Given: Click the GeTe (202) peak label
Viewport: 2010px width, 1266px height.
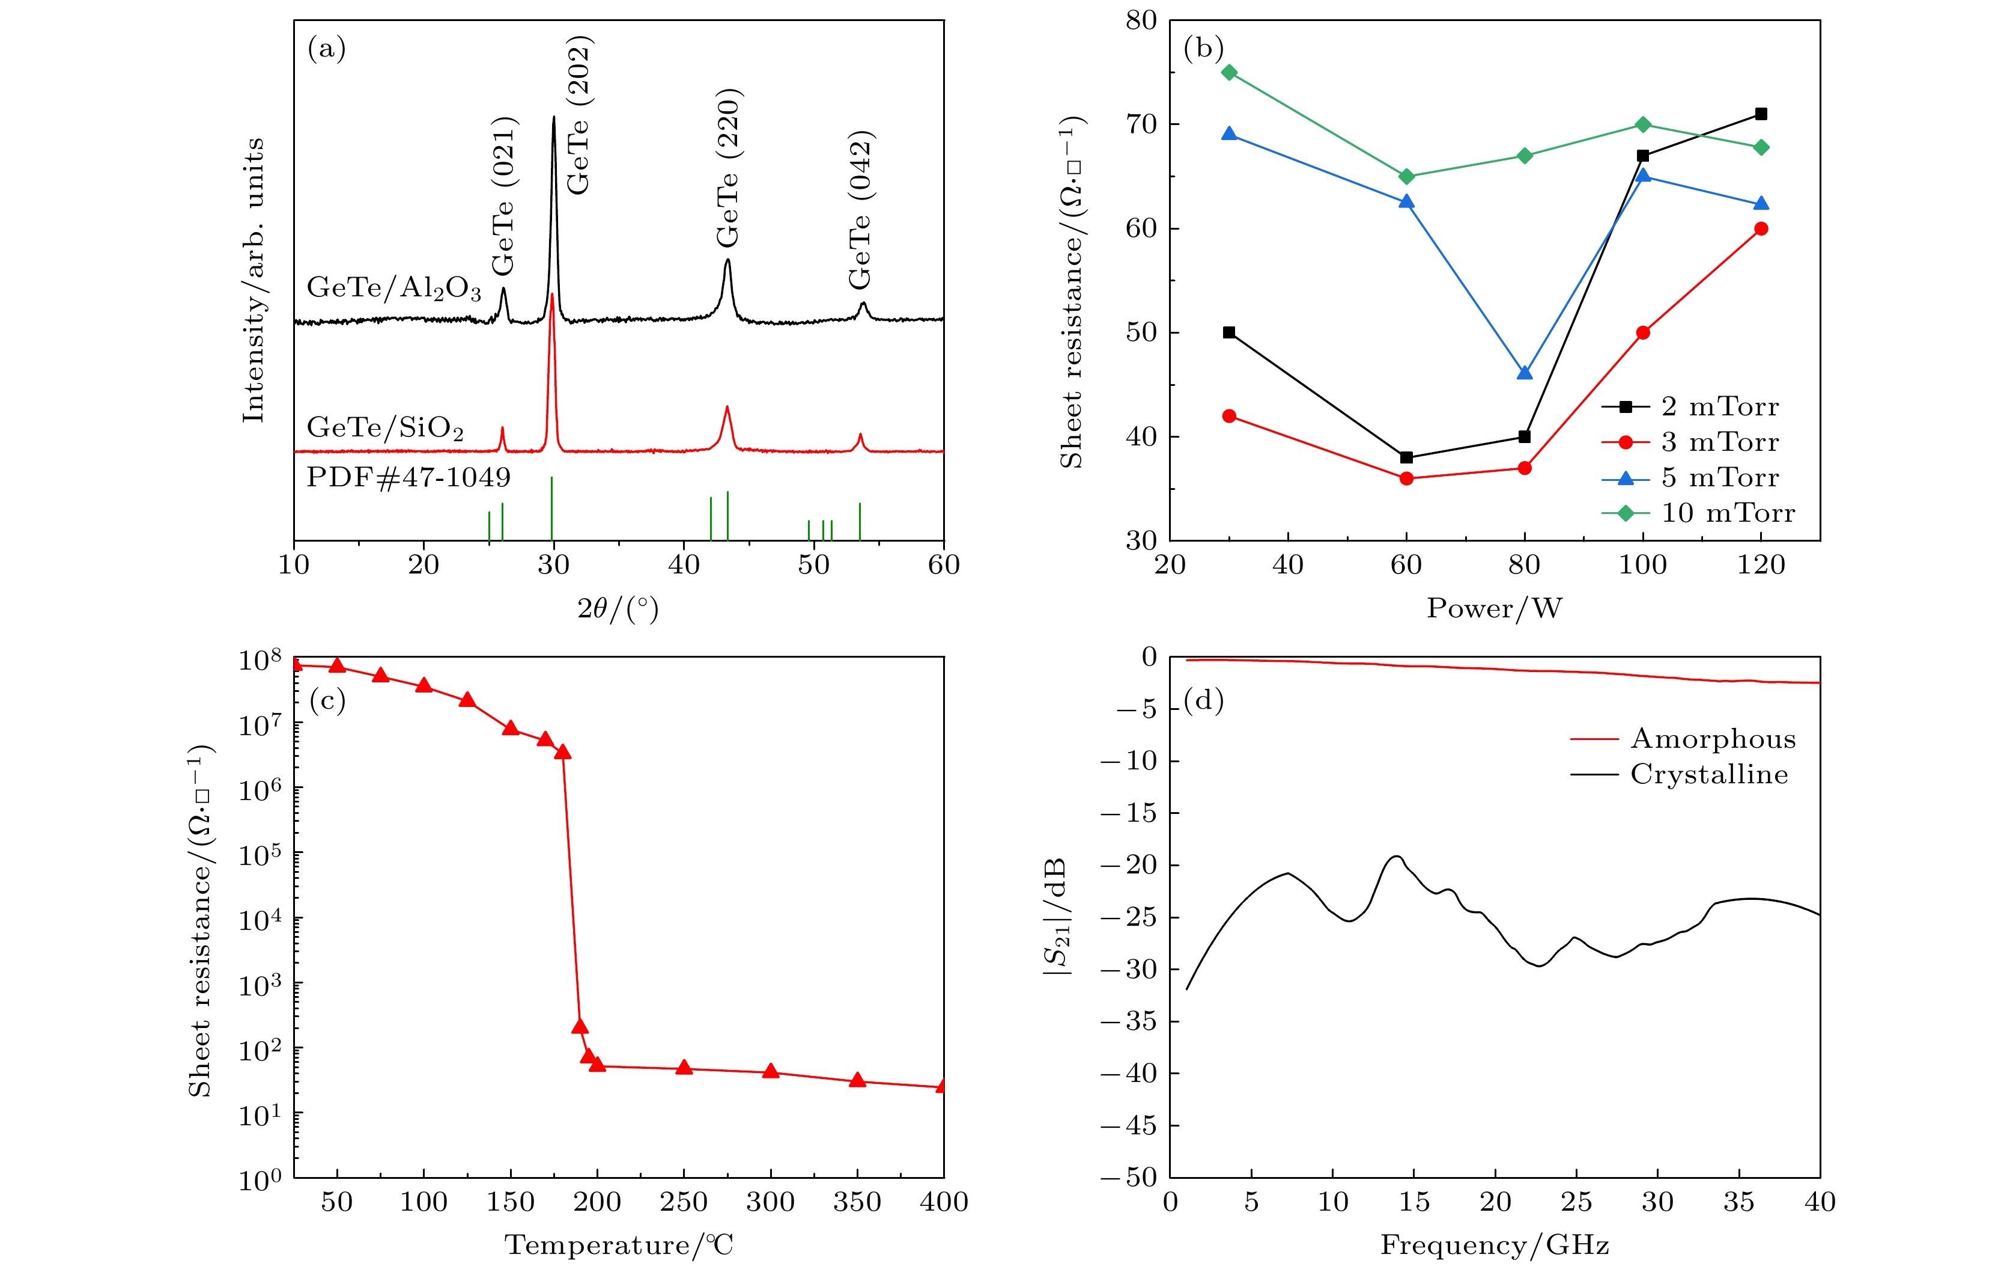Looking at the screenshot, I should click(578, 115).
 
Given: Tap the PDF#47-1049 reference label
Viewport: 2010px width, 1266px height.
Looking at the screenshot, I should click(408, 478).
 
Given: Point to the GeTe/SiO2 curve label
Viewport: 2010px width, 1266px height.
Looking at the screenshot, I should click(385, 427).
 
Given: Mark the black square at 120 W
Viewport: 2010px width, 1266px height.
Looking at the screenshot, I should click(1761, 114).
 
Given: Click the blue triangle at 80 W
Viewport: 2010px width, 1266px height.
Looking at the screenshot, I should click(1524, 373).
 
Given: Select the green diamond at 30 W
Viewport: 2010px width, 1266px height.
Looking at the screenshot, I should click(1228, 73).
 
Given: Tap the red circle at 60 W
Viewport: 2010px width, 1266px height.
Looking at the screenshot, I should click(1406, 479).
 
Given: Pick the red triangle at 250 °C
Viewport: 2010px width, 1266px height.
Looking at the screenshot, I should click(684, 1067).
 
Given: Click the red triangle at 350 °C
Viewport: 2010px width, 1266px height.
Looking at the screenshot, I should click(857, 1080).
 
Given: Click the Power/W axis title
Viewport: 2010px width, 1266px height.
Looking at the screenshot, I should click(1494, 608).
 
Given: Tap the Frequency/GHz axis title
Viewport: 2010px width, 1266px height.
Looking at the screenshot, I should click(1494, 1245).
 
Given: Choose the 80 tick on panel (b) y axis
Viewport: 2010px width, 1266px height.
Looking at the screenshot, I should click(1141, 20).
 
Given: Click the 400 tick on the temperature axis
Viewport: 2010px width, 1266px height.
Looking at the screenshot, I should click(943, 1202).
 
